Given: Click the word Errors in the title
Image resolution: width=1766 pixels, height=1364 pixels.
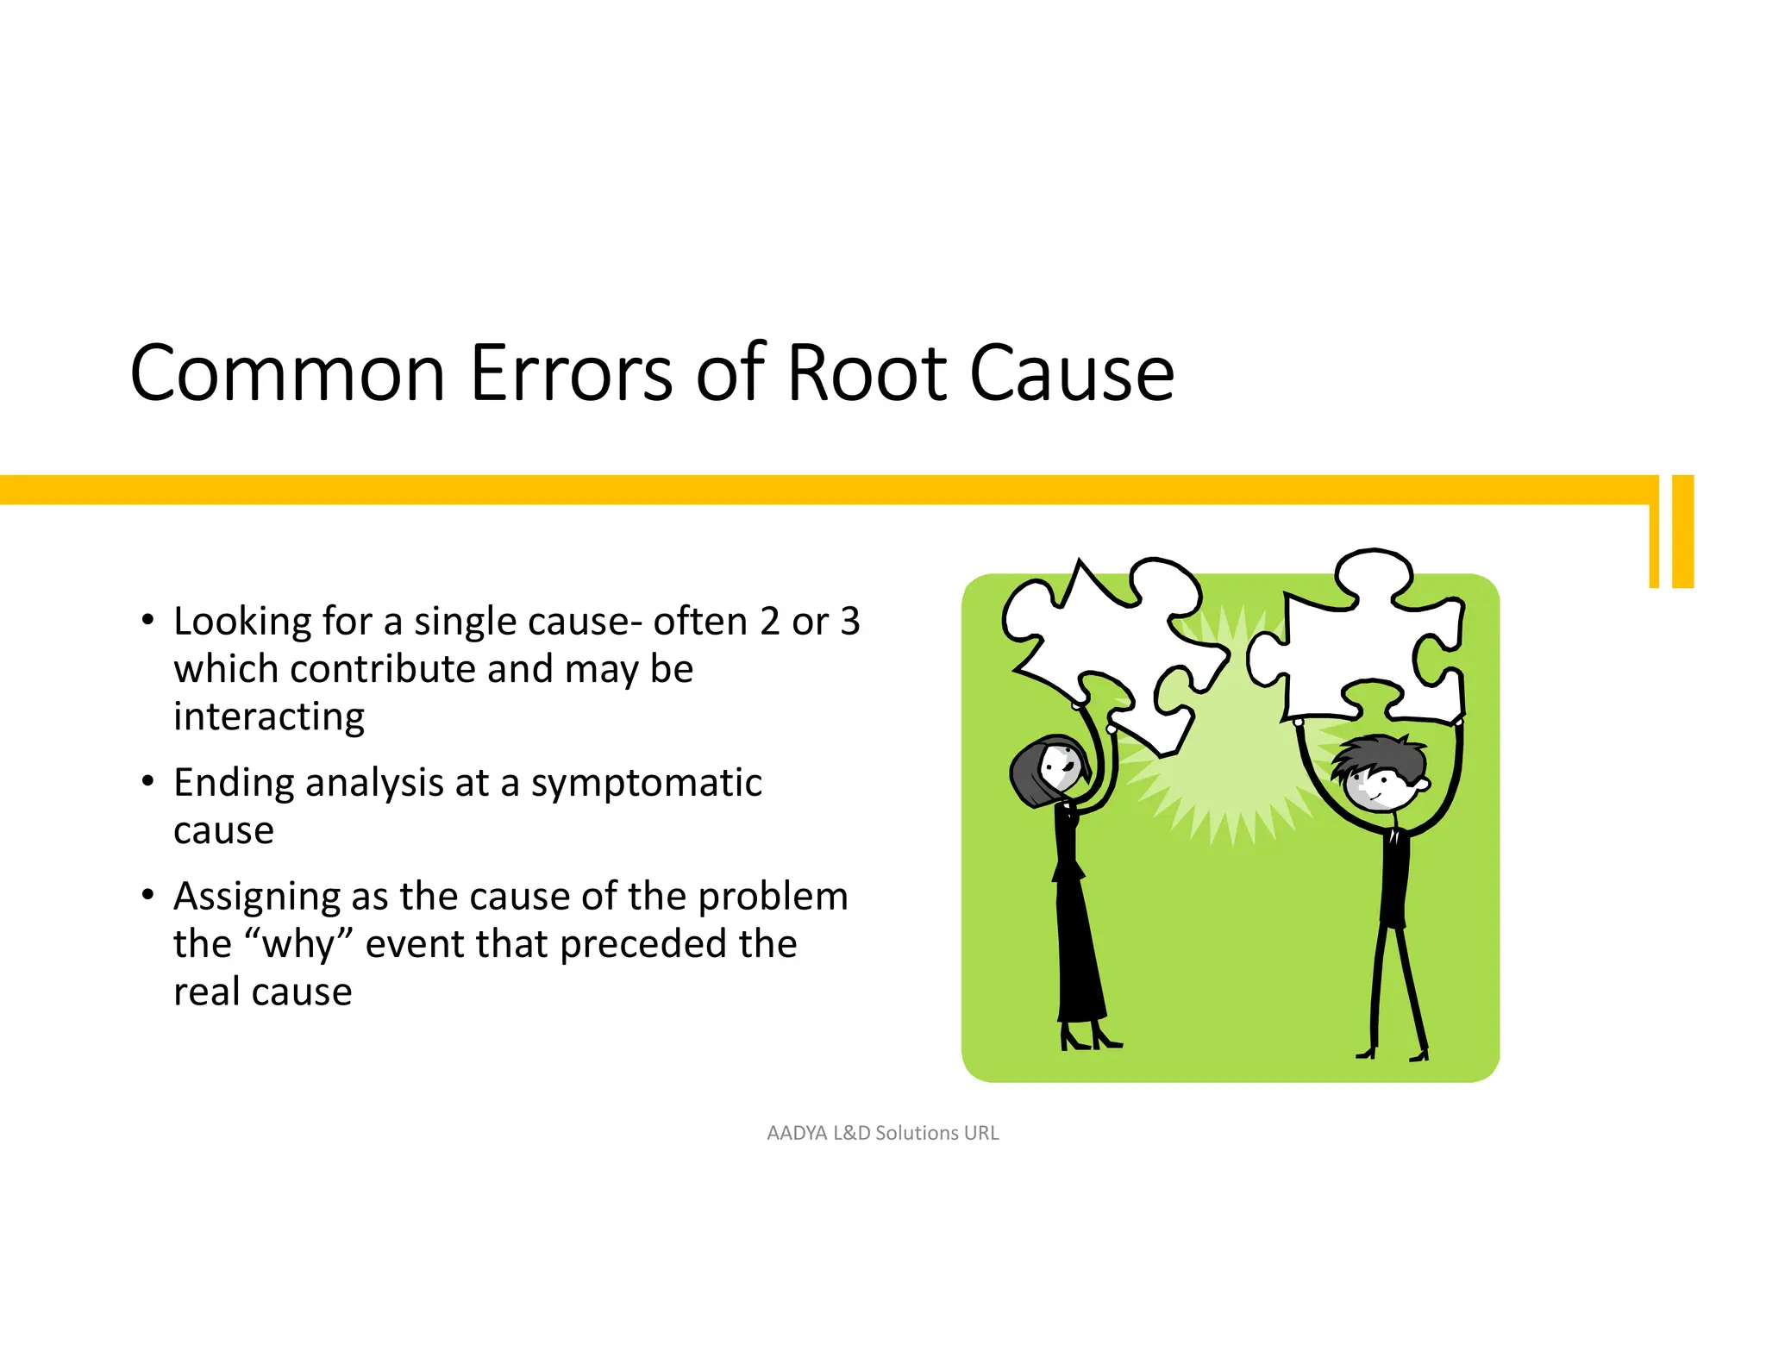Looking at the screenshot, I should click(570, 373).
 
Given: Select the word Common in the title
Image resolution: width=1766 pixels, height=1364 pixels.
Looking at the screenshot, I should click(287, 373).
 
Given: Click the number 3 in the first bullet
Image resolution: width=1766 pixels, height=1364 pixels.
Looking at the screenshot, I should click(850, 622).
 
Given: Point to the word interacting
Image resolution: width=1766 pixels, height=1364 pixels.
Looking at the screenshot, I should click(269, 716).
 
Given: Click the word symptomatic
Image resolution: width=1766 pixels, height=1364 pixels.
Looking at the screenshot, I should click(646, 783).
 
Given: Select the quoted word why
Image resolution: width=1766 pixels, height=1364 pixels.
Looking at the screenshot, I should click(298, 944).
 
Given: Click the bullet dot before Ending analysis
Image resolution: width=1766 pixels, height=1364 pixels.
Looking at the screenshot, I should click(148, 781).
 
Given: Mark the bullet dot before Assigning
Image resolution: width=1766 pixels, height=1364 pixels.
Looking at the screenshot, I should click(148, 895).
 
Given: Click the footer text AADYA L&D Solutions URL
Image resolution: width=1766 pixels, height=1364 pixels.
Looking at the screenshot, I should click(882, 1133).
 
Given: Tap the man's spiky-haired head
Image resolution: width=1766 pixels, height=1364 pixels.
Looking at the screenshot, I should click(1380, 772).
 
